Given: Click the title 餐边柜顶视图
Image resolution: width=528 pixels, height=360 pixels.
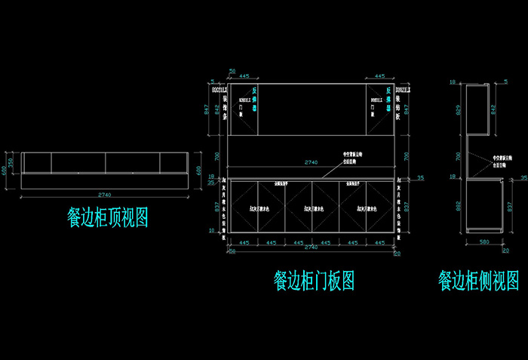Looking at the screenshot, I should [x=106, y=218].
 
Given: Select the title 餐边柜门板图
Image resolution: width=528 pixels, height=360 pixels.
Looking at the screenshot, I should [x=314, y=281].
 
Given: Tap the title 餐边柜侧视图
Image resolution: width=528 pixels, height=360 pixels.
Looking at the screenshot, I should [x=478, y=281].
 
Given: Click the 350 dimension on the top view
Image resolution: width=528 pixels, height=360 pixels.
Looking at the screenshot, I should [x=11, y=163].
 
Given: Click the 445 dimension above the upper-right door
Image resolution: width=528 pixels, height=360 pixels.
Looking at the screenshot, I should [x=379, y=76].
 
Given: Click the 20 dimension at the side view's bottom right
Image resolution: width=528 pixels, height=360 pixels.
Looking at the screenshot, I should [x=505, y=250].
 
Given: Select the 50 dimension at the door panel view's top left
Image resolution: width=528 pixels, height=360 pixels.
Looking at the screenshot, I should [x=212, y=71].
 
